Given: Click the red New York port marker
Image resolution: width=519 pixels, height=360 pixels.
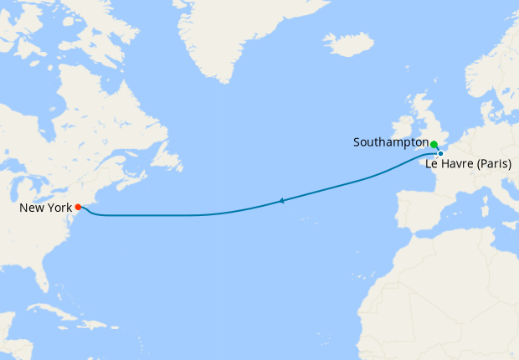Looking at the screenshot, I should (x=78, y=207).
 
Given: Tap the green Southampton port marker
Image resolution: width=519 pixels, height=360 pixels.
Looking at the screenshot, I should (x=434, y=144).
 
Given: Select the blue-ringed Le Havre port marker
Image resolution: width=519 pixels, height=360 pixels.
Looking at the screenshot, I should (x=440, y=153).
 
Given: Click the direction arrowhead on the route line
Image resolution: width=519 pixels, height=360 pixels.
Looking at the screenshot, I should (x=282, y=200).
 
